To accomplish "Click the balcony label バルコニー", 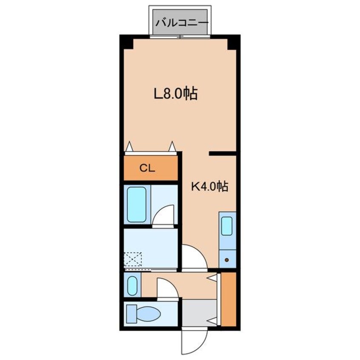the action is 182,23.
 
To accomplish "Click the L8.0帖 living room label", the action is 176,94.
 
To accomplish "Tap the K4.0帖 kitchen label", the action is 210,186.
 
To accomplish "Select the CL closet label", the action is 147,169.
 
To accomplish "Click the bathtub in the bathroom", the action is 137,205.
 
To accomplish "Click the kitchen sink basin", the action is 227,226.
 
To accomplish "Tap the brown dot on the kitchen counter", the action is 227,260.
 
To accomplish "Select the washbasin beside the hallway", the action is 132,286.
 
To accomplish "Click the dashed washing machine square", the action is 133,259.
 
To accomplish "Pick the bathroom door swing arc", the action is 163,215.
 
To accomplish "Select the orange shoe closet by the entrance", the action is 229,299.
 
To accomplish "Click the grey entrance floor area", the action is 199,312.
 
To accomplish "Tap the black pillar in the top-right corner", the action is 232,44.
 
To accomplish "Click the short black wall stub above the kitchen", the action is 223,153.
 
